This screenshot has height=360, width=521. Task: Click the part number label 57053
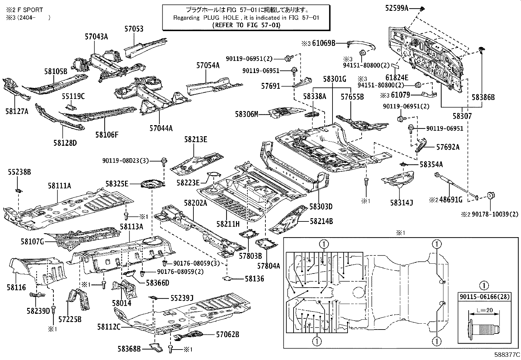point(134,29)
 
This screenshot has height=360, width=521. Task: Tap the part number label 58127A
point(17,111)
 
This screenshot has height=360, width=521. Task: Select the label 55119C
point(73,96)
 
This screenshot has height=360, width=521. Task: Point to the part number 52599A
point(397,9)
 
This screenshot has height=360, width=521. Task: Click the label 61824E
point(397,78)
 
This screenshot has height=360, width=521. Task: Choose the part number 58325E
point(117,184)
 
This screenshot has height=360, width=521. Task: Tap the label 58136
point(255,279)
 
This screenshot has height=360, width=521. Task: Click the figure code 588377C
point(507,355)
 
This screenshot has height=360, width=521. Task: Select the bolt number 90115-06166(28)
point(485,297)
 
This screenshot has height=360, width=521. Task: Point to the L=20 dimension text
point(485,310)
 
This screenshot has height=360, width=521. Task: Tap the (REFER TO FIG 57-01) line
point(246,25)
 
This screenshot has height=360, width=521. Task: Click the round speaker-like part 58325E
point(153,184)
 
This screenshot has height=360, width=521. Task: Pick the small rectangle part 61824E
point(395,66)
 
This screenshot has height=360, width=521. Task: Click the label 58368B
point(129,349)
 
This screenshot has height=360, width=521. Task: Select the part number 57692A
point(448,147)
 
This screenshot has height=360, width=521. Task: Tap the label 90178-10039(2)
point(495,214)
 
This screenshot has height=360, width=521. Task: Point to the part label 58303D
point(321,207)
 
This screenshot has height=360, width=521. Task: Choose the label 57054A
point(208,66)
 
